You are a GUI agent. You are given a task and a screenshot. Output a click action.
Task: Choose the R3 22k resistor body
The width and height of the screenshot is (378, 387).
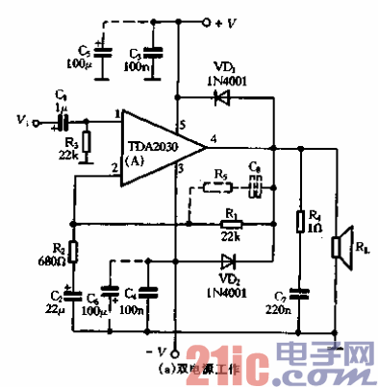click(x=87, y=142)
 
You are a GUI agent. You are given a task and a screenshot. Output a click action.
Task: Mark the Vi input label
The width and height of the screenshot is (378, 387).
click(x=22, y=121)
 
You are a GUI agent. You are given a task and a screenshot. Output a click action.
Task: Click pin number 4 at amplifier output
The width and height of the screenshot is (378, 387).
click(x=212, y=139)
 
